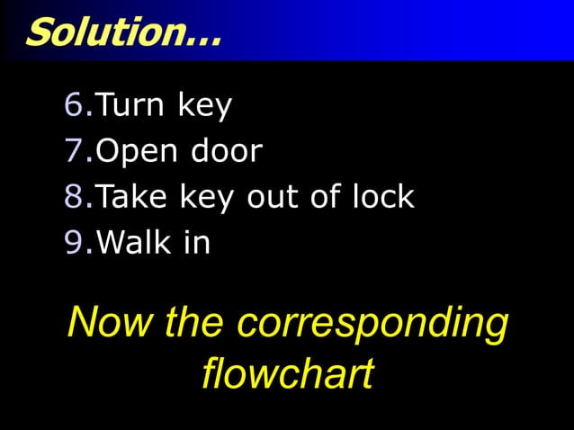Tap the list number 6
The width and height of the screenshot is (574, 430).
[74, 106]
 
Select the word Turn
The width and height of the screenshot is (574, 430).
[130, 106]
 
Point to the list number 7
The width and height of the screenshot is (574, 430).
[74, 151]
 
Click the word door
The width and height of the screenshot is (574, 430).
[225, 151]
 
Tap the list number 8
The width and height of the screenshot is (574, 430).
[74, 196]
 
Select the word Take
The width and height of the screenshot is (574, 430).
[130, 196]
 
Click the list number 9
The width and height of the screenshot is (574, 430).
[74, 242]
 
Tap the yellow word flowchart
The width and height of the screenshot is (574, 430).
[287, 373]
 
